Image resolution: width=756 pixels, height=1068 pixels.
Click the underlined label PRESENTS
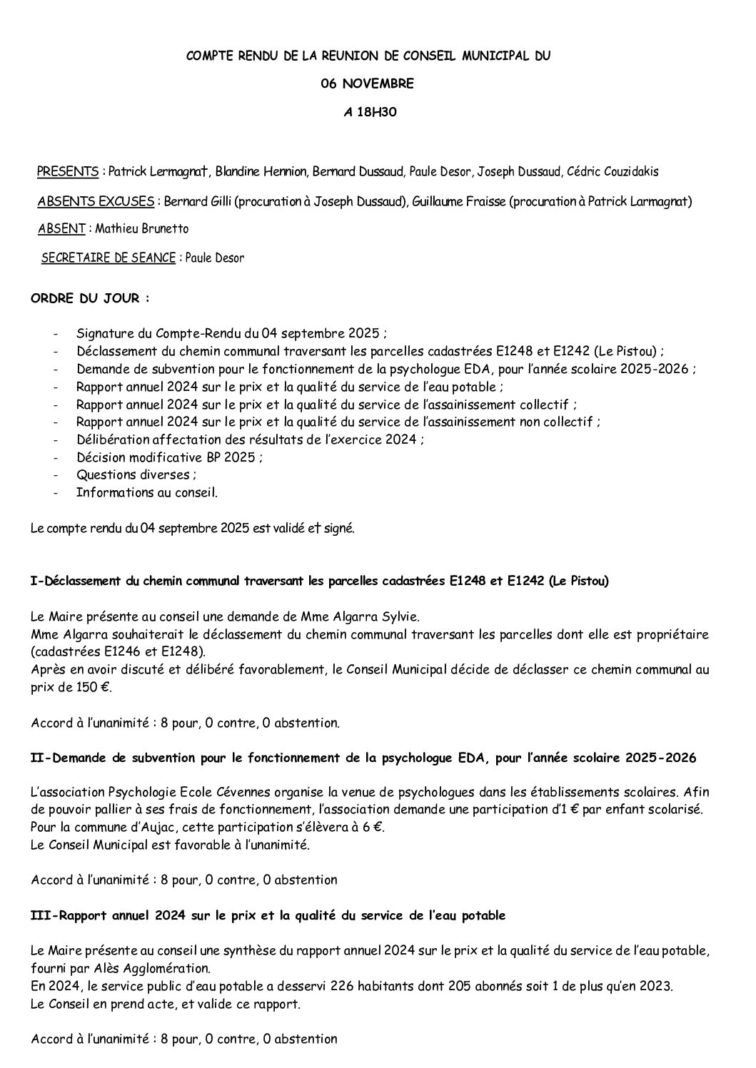pyautogui.click(x=68, y=171)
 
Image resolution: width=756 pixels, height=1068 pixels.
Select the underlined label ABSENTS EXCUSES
pyautogui.click(x=95, y=201)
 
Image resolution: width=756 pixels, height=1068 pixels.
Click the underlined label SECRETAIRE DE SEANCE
pyautogui.click(x=109, y=258)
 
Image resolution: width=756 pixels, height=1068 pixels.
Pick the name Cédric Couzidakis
pyautogui.click(x=613, y=171)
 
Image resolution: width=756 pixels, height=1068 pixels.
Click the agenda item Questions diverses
pyautogui.click(x=133, y=474)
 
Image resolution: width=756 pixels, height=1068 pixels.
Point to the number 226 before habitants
pyautogui.click(x=291, y=986)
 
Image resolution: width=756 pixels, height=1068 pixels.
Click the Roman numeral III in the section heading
pyautogui.click(x=41, y=915)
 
